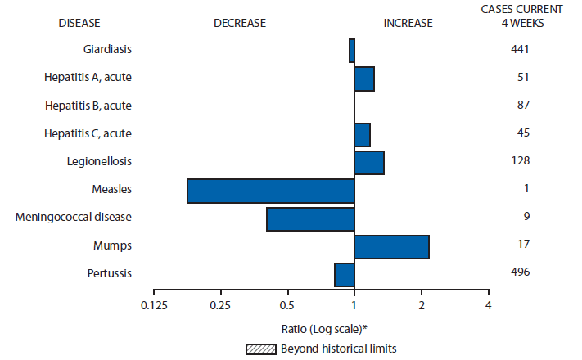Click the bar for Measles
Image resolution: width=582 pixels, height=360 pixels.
(270, 191)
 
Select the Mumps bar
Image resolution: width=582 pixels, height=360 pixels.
(391, 246)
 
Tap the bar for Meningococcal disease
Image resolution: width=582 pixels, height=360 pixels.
(310, 219)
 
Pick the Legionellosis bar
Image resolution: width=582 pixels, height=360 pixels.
(368, 163)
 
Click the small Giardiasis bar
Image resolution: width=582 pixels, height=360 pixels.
(351, 51)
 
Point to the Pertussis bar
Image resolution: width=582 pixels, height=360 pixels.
(344, 275)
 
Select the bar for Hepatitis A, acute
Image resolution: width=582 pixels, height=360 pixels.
(363, 79)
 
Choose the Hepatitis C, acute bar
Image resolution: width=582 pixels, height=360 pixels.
(362, 134)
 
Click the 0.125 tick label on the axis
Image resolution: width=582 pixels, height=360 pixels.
(154, 305)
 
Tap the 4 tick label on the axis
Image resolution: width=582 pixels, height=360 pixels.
(489, 305)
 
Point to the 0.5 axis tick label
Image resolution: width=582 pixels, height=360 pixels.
(287, 305)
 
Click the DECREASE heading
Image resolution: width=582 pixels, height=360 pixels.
(239, 23)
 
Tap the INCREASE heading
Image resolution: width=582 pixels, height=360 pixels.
(408, 23)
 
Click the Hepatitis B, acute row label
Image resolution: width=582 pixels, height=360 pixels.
(88, 106)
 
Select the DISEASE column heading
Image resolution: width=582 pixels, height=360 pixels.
(80, 23)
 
